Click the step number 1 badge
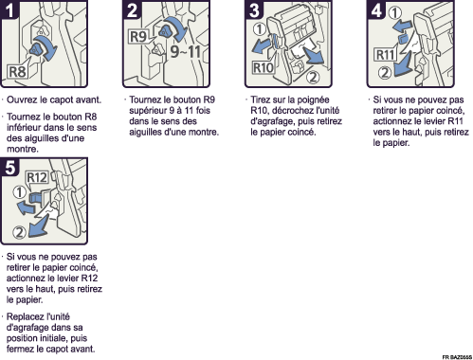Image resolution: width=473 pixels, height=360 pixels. coord(9,9)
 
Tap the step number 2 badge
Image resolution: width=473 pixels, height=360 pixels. coord(132,9)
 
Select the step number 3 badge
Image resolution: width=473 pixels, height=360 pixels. coord(254,9)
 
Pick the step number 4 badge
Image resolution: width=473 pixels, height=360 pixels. coord(376,9)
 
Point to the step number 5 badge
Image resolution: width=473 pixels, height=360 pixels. coord(9,167)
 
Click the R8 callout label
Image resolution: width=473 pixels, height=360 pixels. coord(17,72)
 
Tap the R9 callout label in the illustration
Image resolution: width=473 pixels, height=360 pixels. coord(138,37)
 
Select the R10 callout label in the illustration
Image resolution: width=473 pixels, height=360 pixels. coord(264,67)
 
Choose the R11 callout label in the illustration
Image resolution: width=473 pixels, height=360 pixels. coord(385,55)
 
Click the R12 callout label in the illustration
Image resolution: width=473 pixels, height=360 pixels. coord(37,177)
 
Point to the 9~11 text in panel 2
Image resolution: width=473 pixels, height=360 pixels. coord(186,51)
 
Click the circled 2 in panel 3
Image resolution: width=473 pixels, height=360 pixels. coord(313,77)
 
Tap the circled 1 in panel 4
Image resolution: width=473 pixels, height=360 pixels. coord(394,12)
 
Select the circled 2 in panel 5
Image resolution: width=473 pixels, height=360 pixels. coord(19,233)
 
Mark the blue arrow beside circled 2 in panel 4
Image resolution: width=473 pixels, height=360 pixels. coord(403,66)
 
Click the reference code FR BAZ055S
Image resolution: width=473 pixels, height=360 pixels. coord(457,357)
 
